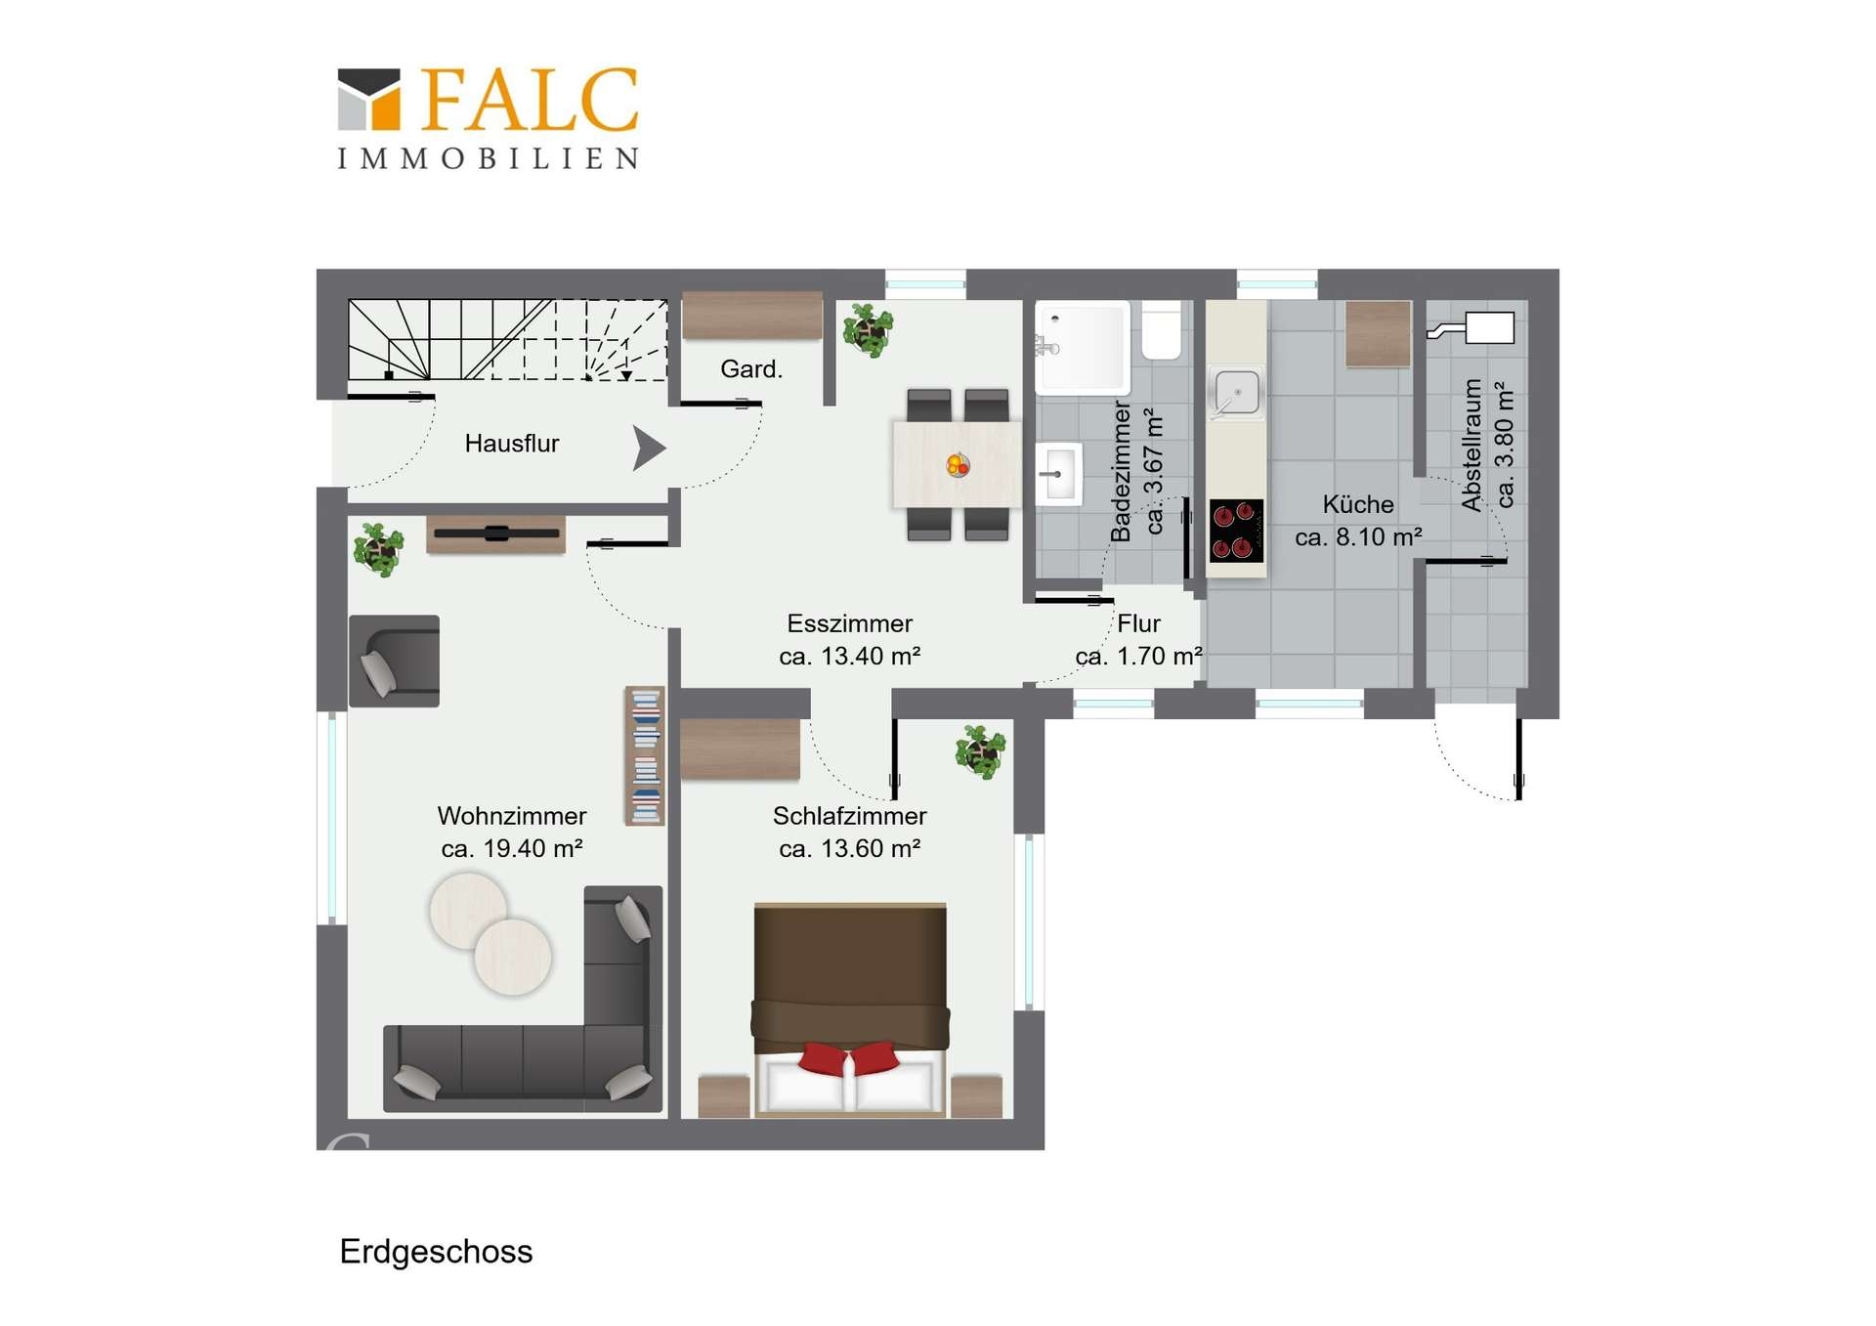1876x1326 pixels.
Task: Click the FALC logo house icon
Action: [x=368, y=99]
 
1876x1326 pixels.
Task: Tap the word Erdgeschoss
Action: [x=436, y=1252]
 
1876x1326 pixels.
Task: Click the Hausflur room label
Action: [x=511, y=444]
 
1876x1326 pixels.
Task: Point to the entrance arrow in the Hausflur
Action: [x=649, y=449]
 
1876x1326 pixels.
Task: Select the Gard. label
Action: [x=751, y=369]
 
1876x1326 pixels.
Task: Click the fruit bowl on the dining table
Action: [x=958, y=465]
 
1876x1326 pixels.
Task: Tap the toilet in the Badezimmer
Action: [x=1161, y=330]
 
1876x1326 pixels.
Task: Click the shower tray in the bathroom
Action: [x=1083, y=347]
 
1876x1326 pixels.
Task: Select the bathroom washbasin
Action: [x=1059, y=474]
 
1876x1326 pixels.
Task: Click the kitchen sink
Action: [x=1236, y=393]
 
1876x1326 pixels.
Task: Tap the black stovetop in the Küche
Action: [x=1236, y=531]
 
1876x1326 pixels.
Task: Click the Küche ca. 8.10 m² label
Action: [x=1358, y=521]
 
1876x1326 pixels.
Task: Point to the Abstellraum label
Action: [x=1471, y=445]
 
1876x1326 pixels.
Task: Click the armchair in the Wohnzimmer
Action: [x=394, y=661]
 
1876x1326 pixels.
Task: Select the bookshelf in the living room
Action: [x=645, y=755]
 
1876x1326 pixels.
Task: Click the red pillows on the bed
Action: [x=849, y=1057]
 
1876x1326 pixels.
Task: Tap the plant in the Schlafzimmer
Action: [x=980, y=750]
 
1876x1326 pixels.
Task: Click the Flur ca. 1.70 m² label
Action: [x=1139, y=640]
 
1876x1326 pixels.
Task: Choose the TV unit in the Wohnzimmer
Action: [x=496, y=535]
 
